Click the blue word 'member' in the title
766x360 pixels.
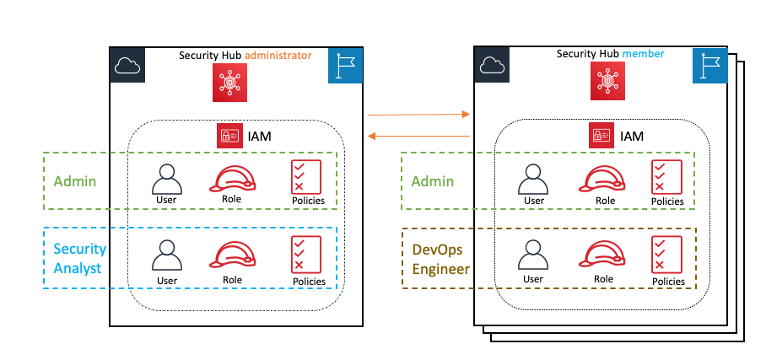644,54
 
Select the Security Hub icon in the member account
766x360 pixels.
607,79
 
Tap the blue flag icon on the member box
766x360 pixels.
709,65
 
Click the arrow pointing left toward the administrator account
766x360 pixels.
418,136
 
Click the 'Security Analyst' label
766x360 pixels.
79,258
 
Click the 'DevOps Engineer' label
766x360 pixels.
440,260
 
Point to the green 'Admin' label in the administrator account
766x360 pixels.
74,180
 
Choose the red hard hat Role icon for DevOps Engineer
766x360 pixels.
605,255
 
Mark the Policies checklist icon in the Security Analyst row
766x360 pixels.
307,255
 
